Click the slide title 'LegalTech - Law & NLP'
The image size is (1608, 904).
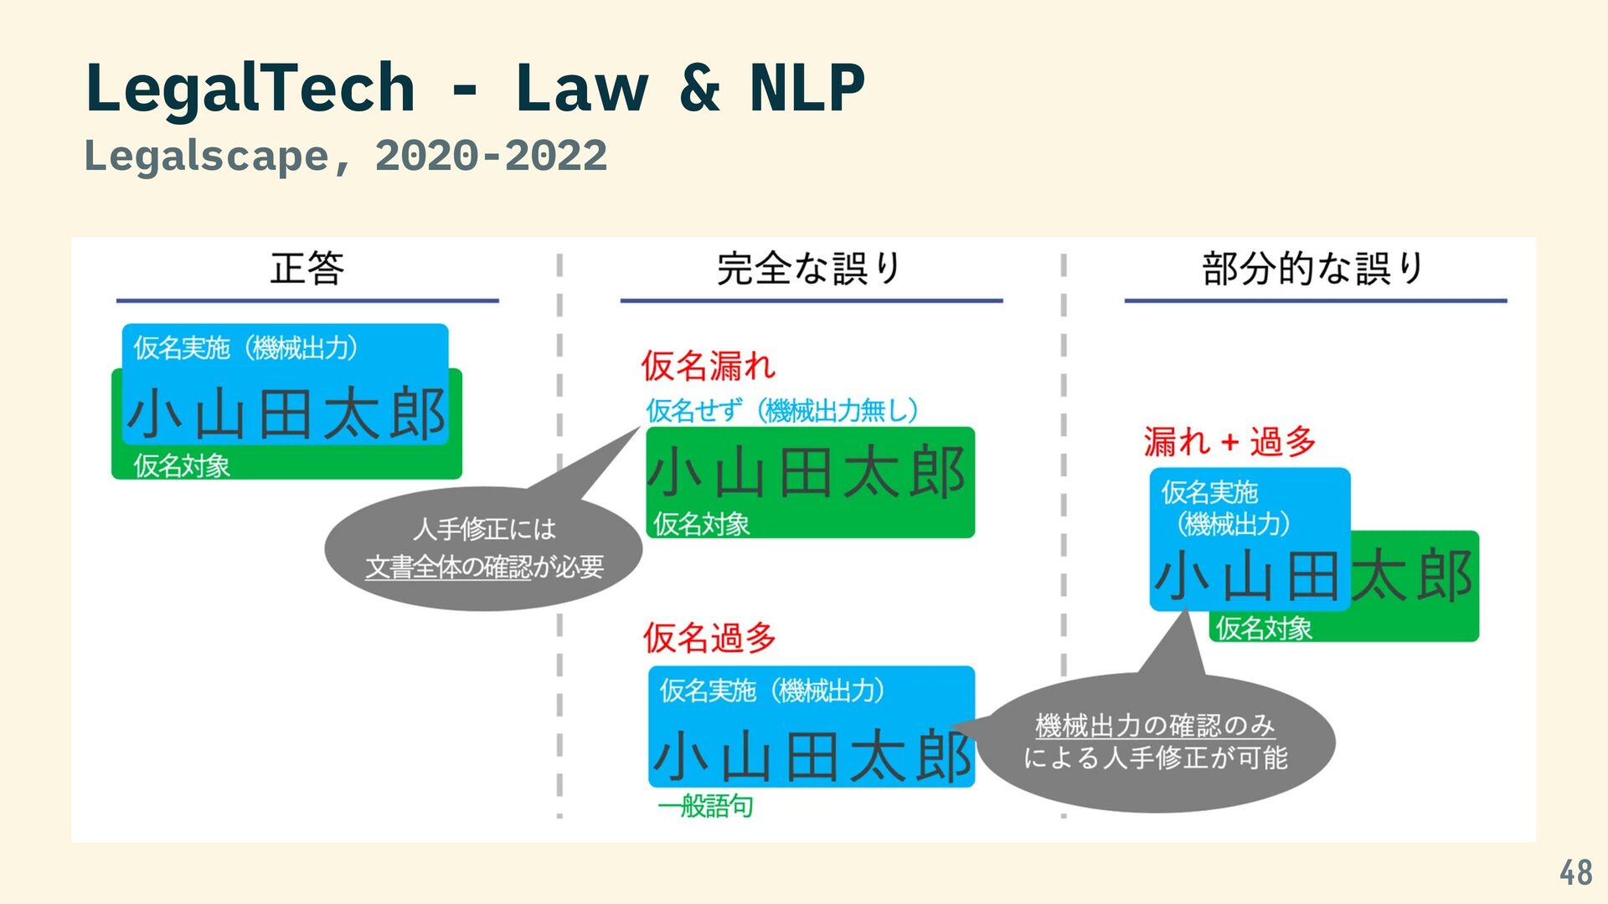[x=474, y=88]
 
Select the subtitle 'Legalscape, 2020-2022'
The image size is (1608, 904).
[x=345, y=157]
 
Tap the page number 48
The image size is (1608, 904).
[x=1575, y=873]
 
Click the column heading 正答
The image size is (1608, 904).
[x=307, y=269]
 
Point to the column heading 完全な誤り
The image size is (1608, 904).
[x=809, y=269]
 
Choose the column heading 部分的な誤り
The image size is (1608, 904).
[x=1313, y=269]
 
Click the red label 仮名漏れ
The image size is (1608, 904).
[x=709, y=366]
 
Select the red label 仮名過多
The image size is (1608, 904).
[x=710, y=638]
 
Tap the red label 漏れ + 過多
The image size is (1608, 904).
[x=1229, y=441]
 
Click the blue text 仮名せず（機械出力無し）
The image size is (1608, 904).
[x=782, y=411]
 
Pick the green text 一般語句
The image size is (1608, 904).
[x=705, y=807]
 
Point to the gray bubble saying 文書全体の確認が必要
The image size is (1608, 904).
[x=484, y=549]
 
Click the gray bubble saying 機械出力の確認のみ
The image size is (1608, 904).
[x=1156, y=742]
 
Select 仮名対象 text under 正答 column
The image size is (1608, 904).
[x=182, y=465]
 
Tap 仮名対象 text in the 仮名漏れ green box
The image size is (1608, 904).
[x=701, y=524]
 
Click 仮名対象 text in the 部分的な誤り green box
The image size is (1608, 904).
[x=1263, y=628]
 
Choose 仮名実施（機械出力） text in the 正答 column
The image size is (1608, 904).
[x=246, y=347]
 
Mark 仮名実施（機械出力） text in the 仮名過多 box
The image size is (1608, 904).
[x=771, y=691]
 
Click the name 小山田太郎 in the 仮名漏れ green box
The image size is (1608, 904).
[x=807, y=473]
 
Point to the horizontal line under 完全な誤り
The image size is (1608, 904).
[x=811, y=300]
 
